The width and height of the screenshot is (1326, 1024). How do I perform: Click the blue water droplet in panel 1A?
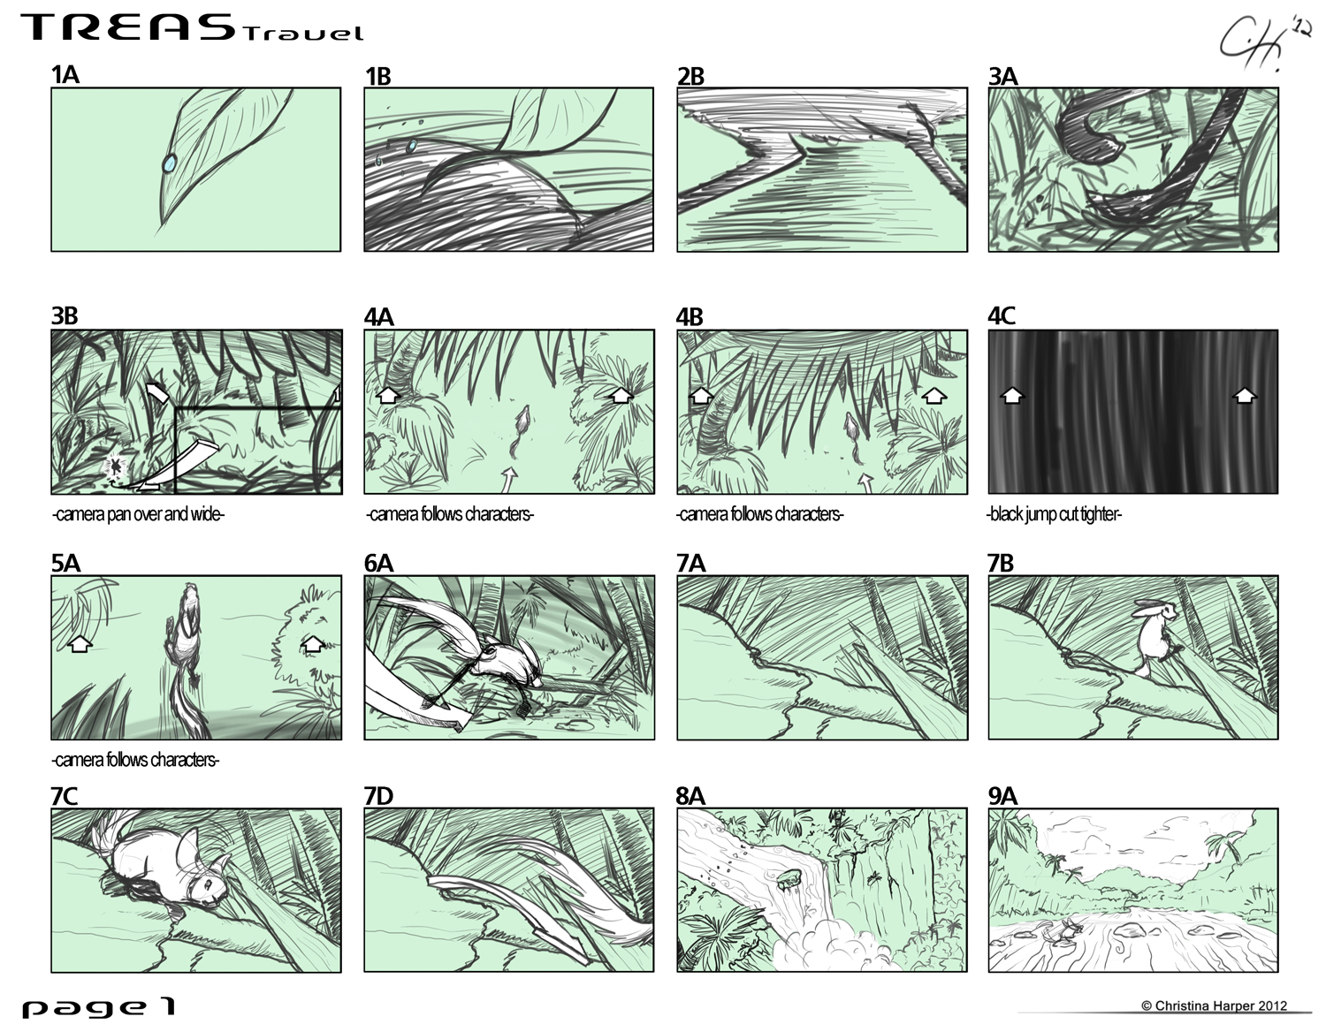169,163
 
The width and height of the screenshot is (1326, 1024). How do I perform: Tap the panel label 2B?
690,76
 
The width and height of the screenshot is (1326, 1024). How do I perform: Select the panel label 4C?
1002,316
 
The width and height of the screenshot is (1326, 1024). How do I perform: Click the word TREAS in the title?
129,27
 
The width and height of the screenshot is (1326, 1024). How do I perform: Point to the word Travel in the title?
303,33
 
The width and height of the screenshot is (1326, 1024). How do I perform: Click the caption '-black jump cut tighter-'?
1054,514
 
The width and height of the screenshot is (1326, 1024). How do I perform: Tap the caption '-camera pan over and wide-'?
139,514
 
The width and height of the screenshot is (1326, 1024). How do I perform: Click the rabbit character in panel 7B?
1154,637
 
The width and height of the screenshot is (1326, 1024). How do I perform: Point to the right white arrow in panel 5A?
313,643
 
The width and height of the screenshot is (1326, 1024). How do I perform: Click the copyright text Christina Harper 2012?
1215,1005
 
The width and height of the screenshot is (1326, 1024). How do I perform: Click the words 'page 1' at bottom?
99,1006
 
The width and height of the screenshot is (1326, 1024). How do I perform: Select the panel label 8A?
690,796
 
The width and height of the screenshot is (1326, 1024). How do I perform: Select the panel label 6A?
378,563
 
